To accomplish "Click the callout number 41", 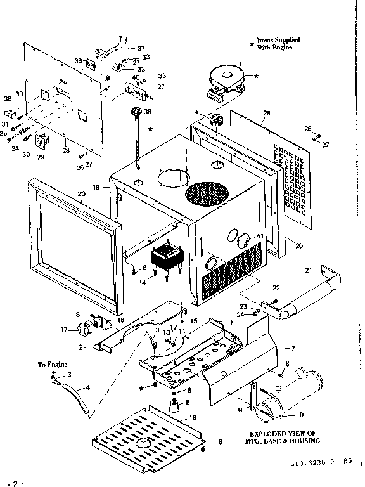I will (259, 237).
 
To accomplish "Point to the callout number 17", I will (64, 329).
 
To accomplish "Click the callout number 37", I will (141, 48).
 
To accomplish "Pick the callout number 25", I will (266, 114).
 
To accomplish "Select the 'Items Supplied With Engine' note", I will (278, 44).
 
